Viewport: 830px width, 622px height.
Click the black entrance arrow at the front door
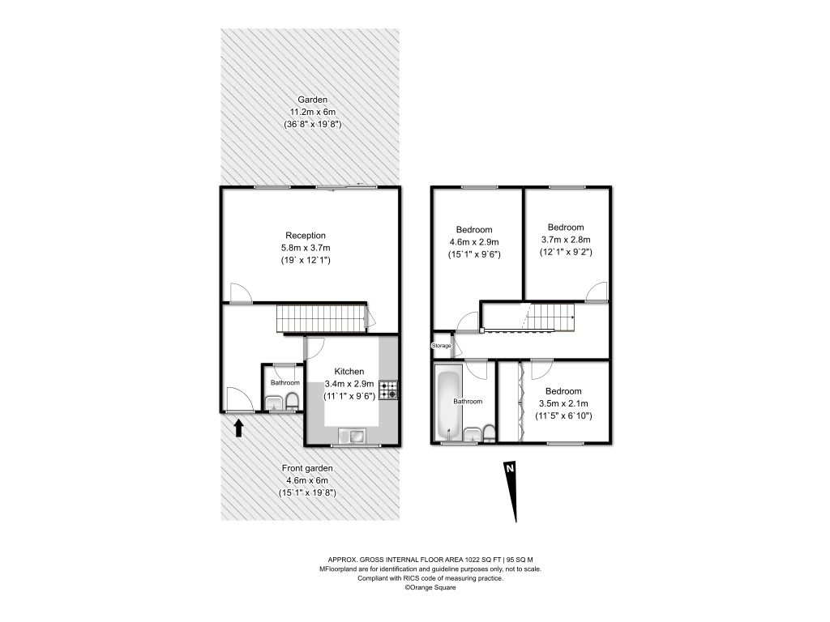(x=239, y=428)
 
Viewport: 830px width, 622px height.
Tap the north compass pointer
(x=511, y=492)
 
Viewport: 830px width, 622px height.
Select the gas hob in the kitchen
(x=388, y=390)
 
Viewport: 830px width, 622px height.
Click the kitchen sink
(x=352, y=437)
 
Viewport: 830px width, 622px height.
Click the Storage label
(x=442, y=346)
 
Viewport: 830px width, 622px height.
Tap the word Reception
(x=306, y=236)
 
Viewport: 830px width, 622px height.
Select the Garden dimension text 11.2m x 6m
(x=312, y=112)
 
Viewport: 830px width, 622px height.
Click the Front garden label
(x=307, y=468)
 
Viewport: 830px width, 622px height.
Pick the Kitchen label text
(x=349, y=371)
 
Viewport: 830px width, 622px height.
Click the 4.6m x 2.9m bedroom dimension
(x=474, y=241)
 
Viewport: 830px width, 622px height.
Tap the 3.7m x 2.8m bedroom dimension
(x=566, y=240)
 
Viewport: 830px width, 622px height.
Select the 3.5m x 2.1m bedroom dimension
(x=563, y=403)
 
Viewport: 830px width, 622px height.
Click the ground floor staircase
(x=321, y=317)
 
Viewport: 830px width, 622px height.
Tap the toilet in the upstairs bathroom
(x=489, y=433)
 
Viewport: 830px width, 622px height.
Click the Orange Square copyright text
(x=430, y=587)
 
